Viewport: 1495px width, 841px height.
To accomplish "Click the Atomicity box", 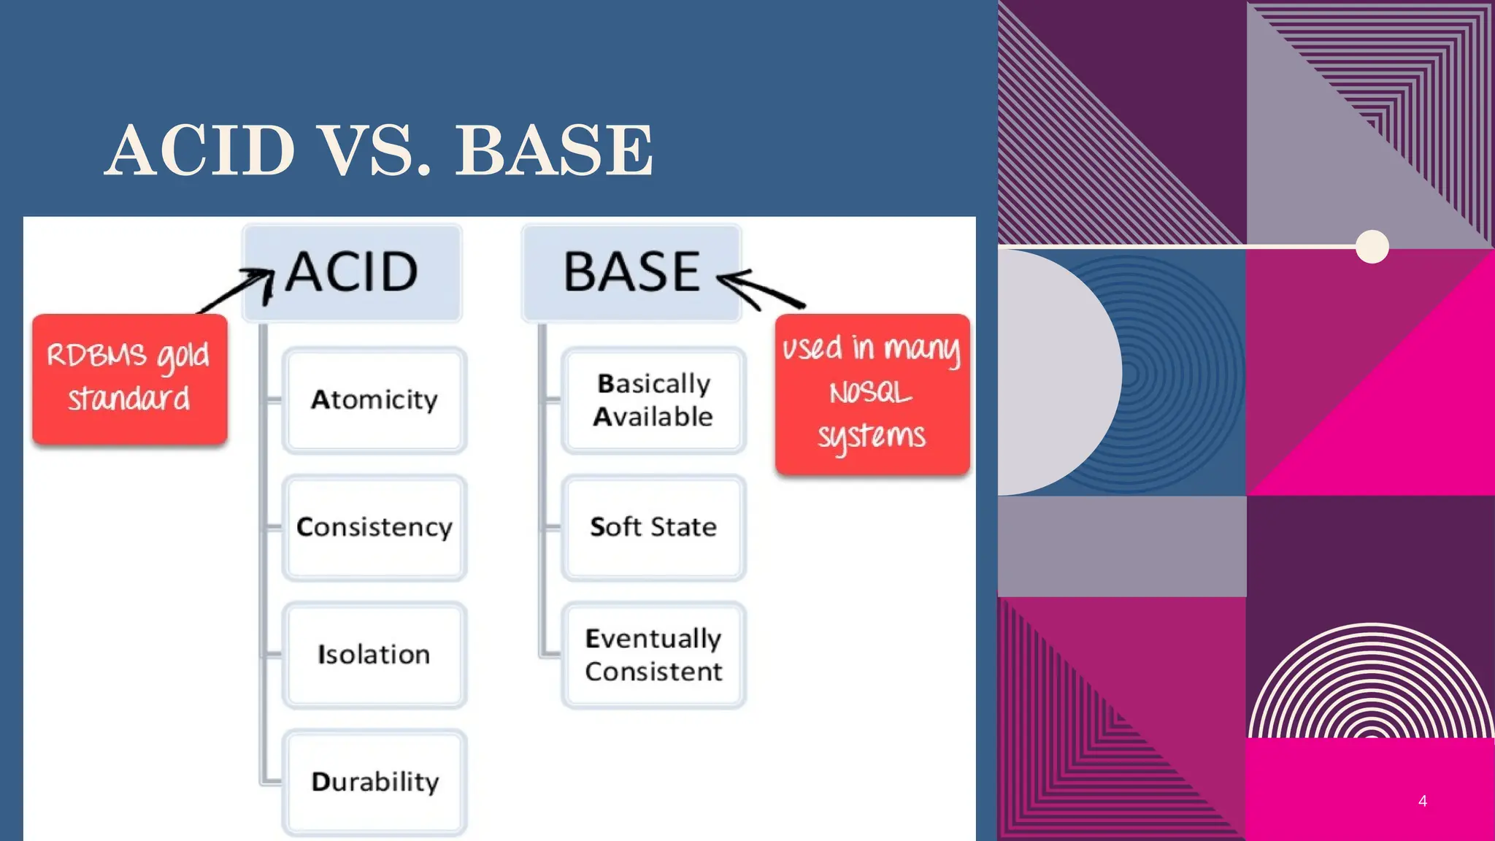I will click(x=374, y=400).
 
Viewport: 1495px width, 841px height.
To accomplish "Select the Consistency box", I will click(x=374, y=527).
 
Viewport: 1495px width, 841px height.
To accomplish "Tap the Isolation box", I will click(x=374, y=654).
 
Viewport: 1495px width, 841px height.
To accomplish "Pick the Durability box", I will click(x=374, y=782).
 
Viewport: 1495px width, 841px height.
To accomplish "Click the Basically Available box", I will click(x=653, y=400).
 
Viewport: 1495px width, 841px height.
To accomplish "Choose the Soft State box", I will click(x=653, y=527).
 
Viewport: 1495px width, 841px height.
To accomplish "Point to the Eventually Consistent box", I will click(x=653, y=654).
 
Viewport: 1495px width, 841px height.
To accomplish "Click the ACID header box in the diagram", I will click(x=352, y=272).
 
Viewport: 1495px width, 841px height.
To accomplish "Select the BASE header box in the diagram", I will click(x=631, y=272).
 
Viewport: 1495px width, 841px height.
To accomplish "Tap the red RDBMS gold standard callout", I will click(x=129, y=378).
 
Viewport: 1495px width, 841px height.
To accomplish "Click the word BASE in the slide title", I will click(x=554, y=150).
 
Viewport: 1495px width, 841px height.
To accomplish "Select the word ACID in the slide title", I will click(x=200, y=150).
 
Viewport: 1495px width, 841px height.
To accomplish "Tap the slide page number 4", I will click(x=1422, y=801).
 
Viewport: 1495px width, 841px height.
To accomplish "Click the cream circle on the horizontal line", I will click(x=1372, y=247).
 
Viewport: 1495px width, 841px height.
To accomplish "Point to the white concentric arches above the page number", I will click(x=1371, y=683).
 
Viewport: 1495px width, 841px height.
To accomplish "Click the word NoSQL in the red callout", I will click(x=870, y=393).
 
